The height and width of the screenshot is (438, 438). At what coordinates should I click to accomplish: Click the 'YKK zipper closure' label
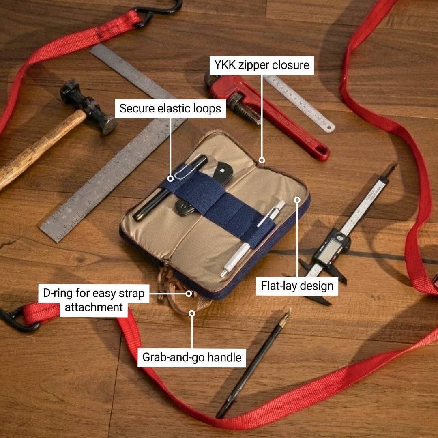tap(262, 65)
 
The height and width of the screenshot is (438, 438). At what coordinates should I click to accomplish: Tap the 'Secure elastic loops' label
tap(170, 109)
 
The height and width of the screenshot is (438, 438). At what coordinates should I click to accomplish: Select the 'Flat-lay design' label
tap(297, 286)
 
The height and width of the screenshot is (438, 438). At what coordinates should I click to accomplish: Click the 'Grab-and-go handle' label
tap(192, 358)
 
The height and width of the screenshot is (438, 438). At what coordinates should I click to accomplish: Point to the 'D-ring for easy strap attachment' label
tap(94, 300)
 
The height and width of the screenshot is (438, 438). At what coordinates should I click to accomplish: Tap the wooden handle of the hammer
tap(39, 150)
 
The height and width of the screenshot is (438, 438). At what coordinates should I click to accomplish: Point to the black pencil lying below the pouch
tap(253, 363)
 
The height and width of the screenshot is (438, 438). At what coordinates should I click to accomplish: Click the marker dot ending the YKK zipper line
tap(262, 160)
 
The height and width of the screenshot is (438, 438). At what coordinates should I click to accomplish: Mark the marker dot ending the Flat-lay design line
tap(297, 200)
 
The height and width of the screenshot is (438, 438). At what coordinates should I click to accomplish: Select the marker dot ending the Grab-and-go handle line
tap(192, 313)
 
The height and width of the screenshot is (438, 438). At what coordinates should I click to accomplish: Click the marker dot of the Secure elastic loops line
tap(170, 178)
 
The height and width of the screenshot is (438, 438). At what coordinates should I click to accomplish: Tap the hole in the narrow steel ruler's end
tap(330, 128)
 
